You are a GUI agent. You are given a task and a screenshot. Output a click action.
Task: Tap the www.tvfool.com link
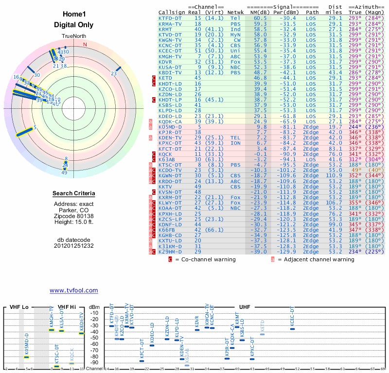pos(73,290)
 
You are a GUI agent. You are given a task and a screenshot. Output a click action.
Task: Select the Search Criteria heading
pos(73,193)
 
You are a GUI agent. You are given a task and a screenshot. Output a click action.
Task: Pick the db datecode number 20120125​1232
pos(73,246)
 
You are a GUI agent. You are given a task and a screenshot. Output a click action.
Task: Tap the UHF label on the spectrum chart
pos(245,307)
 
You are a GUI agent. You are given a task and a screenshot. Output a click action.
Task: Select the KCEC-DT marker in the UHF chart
pos(292,329)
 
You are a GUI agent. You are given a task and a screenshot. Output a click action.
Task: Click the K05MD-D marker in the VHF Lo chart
pos(27,357)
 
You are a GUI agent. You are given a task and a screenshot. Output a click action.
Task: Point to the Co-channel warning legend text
pos(205,259)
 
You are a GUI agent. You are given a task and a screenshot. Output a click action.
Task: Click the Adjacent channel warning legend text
pos(316,259)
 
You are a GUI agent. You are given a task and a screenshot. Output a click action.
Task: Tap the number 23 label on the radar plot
pos(114,73)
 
